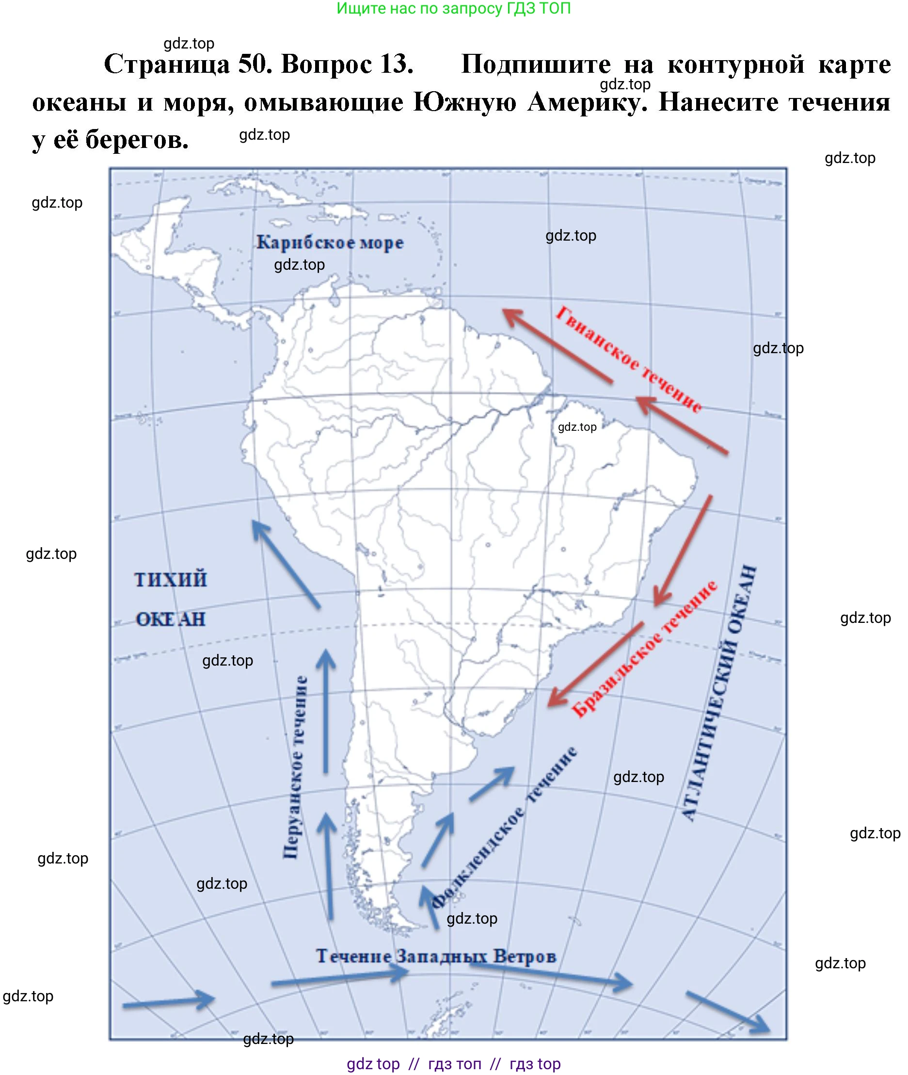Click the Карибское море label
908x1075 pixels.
[x=330, y=242]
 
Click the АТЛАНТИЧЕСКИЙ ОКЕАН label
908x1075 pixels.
[x=720, y=693]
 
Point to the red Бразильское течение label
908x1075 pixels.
[x=645, y=649]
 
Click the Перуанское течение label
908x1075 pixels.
[x=296, y=767]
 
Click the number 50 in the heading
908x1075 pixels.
[x=255, y=65]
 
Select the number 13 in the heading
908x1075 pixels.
[x=397, y=65]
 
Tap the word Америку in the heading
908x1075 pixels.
[x=587, y=102]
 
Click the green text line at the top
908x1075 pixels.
[x=453, y=8]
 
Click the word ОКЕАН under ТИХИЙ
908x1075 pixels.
[x=170, y=619]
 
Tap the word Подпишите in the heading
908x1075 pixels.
[x=536, y=65]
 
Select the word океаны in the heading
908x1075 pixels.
[x=80, y=102]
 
